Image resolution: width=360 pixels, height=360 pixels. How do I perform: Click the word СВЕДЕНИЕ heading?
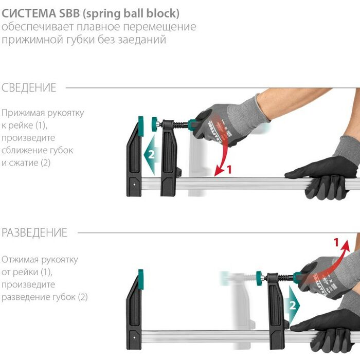point(29,88)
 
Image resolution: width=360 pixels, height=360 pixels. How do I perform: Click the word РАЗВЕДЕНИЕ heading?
point(34,232)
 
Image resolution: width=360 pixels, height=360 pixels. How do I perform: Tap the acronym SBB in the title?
point(69,13)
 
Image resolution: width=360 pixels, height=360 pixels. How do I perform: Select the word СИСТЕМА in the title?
point(29,13)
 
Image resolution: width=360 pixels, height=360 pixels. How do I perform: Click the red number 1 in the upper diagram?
point(229,169)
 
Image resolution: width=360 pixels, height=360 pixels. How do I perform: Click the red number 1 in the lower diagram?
point(336,242)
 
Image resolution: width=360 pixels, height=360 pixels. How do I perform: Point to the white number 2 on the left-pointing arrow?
point(151,154)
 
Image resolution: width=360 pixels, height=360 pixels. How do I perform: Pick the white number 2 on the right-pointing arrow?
point(292,305)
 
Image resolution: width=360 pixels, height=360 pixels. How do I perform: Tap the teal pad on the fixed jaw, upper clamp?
point(140,127)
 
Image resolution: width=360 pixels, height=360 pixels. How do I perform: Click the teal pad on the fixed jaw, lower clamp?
point(140,279)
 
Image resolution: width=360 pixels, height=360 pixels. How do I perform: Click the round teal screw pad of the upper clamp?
point(154,124)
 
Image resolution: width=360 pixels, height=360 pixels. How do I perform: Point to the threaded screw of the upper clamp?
point(181,125)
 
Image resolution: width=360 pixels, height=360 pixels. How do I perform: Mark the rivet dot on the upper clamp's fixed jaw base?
point(135,184)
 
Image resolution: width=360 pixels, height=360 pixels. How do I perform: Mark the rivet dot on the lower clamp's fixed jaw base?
point(135,337)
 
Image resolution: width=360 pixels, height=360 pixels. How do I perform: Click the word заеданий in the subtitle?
point(142,40)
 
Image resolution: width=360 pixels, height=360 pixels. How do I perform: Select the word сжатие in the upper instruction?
point(24,163)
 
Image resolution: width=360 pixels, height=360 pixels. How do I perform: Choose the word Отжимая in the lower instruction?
point(20,260)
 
